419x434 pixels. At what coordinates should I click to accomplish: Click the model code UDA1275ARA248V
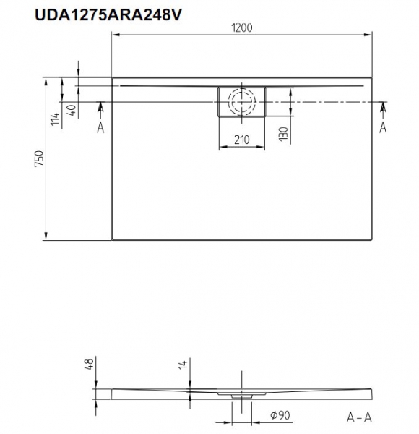(108, 14)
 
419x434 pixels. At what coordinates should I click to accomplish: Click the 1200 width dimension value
(242, 28)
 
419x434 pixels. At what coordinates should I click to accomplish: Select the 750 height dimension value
(40, 158)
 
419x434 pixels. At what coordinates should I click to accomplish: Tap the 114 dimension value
(56, 119)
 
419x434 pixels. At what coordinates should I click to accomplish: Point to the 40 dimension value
(72, 111)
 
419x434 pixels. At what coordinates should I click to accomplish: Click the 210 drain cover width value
(242, 140)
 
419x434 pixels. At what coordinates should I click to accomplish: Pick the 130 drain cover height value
(284, 134)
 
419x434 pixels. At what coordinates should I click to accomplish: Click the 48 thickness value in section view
(90, 362)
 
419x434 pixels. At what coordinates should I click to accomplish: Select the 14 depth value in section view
(183, 364)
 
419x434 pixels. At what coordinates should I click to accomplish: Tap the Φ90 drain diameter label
(280, 415)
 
